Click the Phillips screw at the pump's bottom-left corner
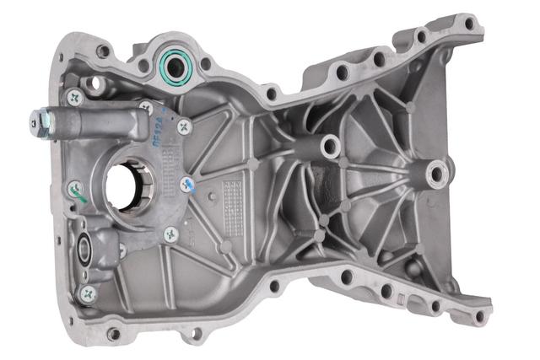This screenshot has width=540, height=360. tap(88, 292)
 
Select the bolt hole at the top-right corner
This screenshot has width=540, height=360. tap(469, 24)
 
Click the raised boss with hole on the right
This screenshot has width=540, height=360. tap(436, 175)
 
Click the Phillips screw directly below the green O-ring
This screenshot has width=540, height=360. tap(185, 126)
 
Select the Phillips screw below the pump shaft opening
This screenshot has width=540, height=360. tap(170, 235)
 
